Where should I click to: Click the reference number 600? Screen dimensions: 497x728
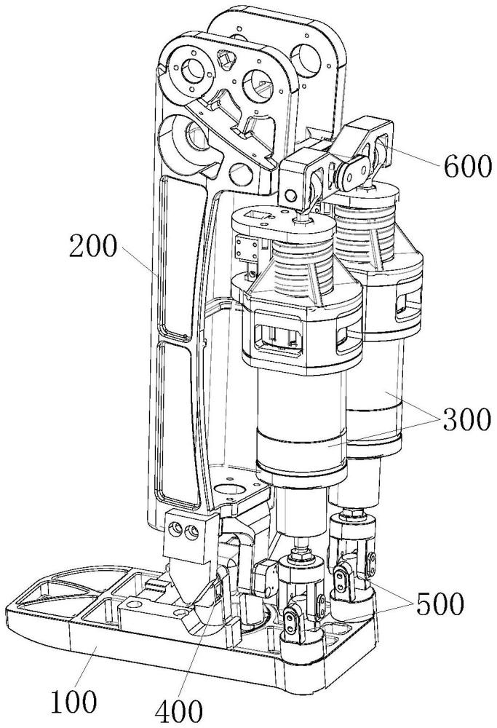[466, 167]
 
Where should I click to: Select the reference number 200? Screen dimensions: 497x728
[93, 246]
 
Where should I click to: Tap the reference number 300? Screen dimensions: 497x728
[466, 419]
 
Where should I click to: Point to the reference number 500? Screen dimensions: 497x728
[440, 604]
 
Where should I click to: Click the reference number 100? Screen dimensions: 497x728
[74, 702]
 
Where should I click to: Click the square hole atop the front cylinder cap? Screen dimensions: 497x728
[257, 215]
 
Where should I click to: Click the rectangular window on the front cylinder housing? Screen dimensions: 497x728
[278, 336]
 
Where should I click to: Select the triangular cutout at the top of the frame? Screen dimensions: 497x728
[224, 59]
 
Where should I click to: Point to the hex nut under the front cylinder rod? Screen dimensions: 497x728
[299, 554]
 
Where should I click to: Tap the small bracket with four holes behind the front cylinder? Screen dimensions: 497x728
[247, 248]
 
